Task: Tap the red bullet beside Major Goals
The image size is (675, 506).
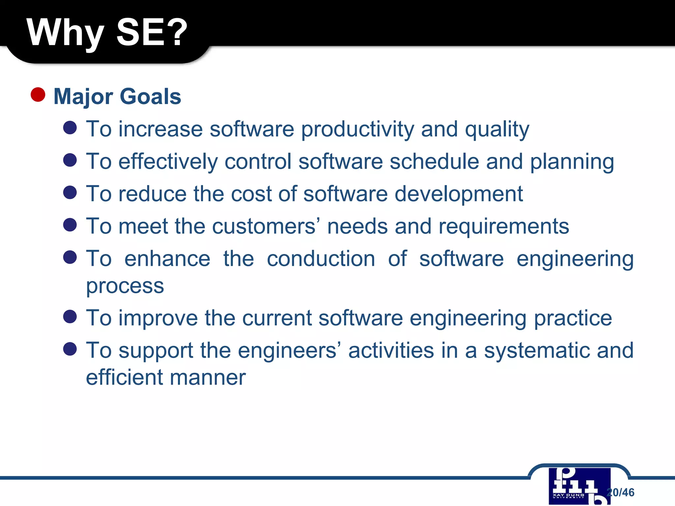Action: point(38,95)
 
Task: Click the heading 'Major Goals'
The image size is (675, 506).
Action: point(117,97)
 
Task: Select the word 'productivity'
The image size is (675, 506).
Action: point(357,129)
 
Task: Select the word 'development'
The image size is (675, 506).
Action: point(458,194)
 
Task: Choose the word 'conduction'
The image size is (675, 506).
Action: point(321,259)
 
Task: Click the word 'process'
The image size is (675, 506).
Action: point(125,286)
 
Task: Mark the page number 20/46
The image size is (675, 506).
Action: point(621,492)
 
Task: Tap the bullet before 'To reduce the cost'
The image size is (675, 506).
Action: point(70,192)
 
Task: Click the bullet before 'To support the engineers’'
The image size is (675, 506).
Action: point(70,349)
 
